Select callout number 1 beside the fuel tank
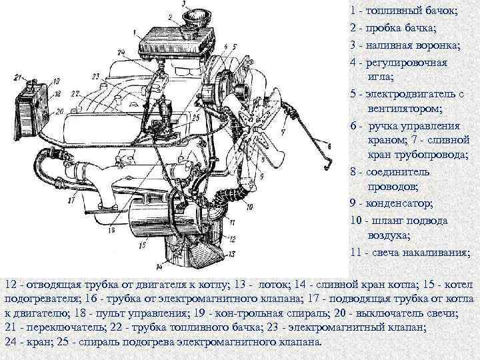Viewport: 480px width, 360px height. point(135,31)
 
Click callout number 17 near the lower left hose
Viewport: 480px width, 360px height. point(71,201)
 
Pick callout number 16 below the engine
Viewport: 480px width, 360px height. point(111,229)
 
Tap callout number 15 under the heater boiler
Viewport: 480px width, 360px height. point(143,245)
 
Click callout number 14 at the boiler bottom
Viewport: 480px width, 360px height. point(159,267)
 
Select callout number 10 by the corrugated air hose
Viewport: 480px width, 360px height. point(249,207)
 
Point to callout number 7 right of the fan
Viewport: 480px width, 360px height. point(283,132)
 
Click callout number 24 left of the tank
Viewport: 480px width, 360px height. point(121,53)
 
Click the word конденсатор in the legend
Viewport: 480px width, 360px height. point(398,203)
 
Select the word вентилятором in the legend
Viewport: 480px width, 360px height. point(405,109)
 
